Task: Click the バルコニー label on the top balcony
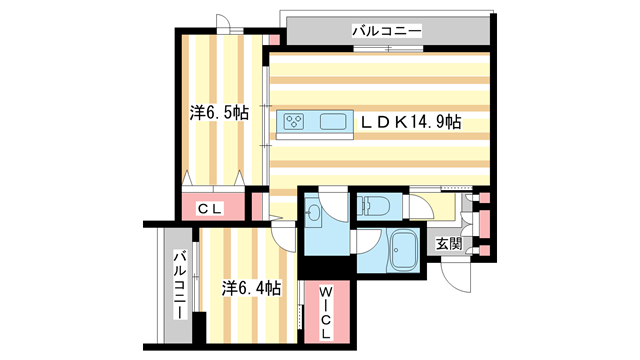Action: (386, 32)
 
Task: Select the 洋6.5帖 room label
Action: (219, 113)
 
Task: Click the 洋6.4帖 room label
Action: (250, 288)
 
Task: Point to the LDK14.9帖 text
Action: (411, 122)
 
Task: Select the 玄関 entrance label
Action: (446, 243)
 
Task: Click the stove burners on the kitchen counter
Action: (296, 122)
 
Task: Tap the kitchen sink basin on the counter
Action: (334, 122)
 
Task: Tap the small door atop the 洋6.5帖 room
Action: (229, 25)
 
